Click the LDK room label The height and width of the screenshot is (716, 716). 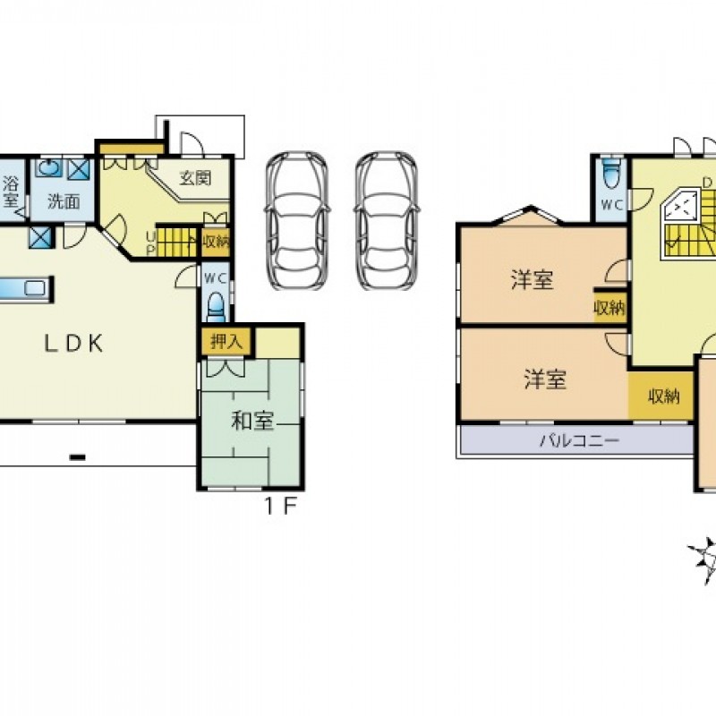click(x=73, y=343)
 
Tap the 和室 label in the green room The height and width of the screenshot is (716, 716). click(x=252, y=421)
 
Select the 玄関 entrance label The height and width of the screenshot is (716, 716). click(x=195, y=177)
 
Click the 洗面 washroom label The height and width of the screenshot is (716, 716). click(x=64, y=201)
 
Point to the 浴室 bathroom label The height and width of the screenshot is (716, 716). click(x=11, y=192)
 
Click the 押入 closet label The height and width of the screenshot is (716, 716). click(x=226, y=341)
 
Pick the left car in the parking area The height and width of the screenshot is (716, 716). click(x=297, y=220)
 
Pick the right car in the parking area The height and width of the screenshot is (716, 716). click(x=387, y=220)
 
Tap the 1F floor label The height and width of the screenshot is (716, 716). click(x=281, y=506)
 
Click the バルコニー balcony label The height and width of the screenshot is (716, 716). click(x=579, y=440)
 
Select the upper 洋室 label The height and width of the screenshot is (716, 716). click(x=533, y=280)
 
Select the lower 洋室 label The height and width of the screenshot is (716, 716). click(x=545, y=379)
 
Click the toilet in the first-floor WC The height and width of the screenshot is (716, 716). click(x=216, y=308)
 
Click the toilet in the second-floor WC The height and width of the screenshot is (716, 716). click(x=611, y=174)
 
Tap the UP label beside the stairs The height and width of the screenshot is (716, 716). click(x=150, y=243)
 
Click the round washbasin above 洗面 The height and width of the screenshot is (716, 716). click(x=49, y=167)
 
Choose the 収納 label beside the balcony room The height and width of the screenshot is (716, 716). click(x=664, y=396)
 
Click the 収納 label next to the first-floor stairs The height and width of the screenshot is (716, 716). click(x=216, y=241)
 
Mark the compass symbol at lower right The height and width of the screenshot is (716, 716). click(x=704, y=560)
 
